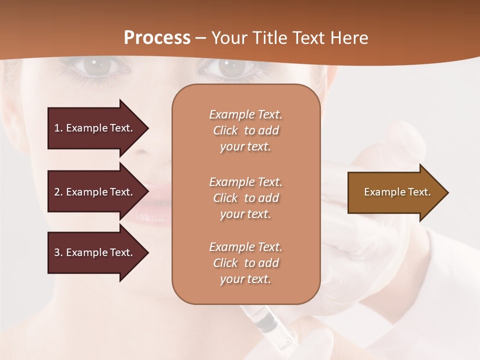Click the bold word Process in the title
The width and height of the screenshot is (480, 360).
coord(157,38)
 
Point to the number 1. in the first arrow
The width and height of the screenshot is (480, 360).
coord(58,128)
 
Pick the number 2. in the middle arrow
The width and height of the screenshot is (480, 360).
coord(58,192)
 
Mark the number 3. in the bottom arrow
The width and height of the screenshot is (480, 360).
coord(58,252)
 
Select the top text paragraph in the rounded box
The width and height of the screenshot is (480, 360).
coord(245,130)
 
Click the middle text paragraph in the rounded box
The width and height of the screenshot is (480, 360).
coord(245,198)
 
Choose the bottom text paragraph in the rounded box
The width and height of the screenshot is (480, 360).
coord(245,263)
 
